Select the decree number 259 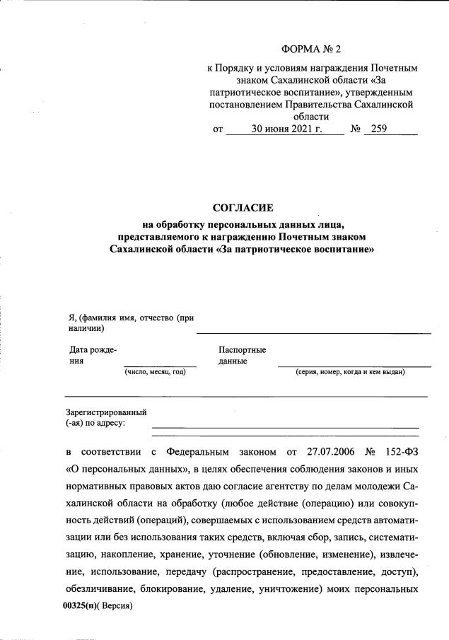[379, 129]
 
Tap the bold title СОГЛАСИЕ [242, 208]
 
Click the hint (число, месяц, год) [156, 372]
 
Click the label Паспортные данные [242, 355]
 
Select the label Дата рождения [92, 355]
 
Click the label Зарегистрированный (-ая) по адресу [105, 417]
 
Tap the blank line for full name [313, 332]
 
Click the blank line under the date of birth [156, 366]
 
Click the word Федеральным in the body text [206, 450]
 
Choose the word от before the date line [218, 129]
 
